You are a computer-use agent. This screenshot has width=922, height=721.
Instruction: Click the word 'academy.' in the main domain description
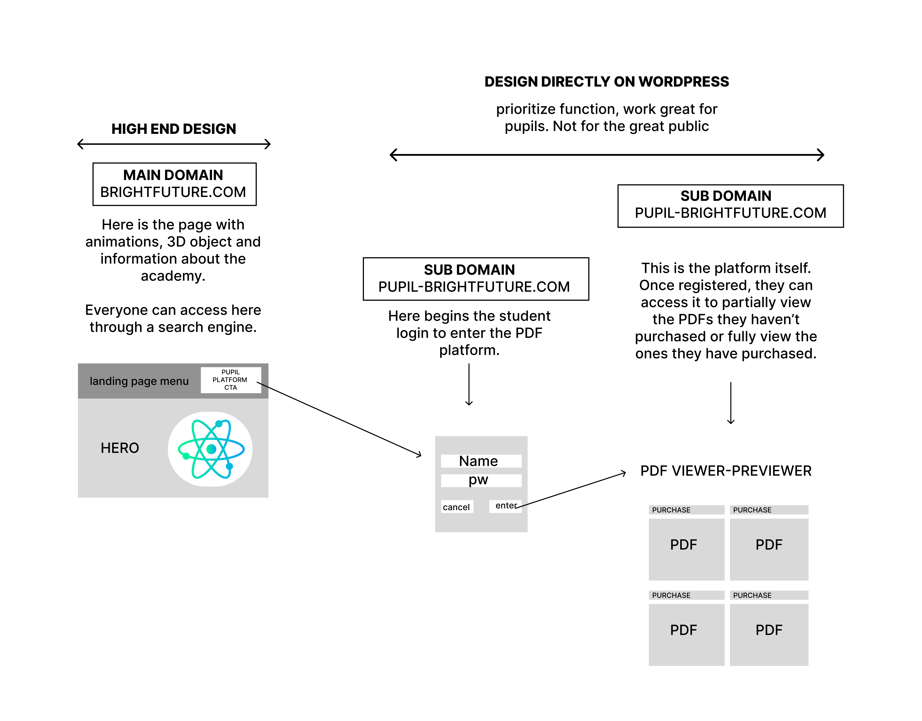point(173,276)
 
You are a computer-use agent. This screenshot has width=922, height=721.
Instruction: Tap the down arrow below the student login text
point(469,384)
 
